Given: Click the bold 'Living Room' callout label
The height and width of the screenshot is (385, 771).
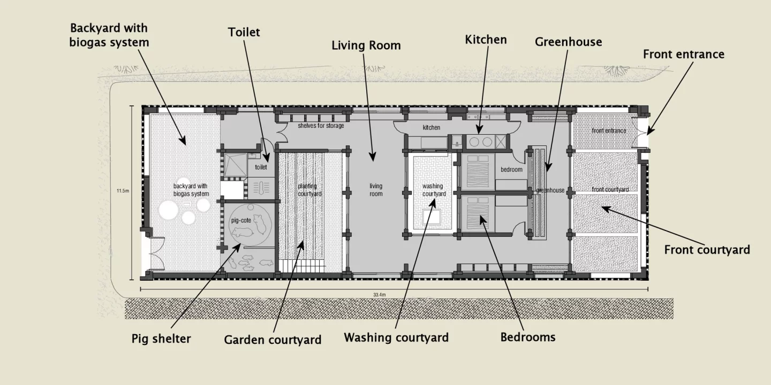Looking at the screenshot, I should [366, 45].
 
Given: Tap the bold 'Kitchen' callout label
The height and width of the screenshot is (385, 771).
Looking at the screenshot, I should [486, 40].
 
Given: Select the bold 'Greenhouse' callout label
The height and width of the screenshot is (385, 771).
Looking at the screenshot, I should [568, 42].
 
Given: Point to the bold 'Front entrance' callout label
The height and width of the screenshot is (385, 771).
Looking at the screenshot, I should [683, 54].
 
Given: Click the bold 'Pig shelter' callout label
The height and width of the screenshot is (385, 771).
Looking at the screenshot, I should [161, 338].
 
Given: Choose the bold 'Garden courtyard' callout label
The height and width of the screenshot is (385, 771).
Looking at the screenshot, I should [273, 340].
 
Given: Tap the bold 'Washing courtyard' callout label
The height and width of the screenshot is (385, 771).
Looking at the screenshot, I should [396, 337].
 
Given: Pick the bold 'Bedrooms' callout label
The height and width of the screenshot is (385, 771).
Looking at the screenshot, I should [527, 337].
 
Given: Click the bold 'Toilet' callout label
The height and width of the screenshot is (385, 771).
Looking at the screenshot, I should [244, 32].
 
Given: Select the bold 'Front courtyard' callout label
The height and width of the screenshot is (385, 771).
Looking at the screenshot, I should [707, 250].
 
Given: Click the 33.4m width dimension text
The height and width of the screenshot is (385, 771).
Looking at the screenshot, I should [380, 295].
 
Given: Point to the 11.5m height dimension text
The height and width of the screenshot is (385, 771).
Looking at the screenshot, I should [123, 190].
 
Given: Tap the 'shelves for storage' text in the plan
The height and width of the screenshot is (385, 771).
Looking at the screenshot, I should [321, 126].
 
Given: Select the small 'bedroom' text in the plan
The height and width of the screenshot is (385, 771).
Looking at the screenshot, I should [511, 170].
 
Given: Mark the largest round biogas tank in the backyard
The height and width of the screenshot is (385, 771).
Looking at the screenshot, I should [168, 211].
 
